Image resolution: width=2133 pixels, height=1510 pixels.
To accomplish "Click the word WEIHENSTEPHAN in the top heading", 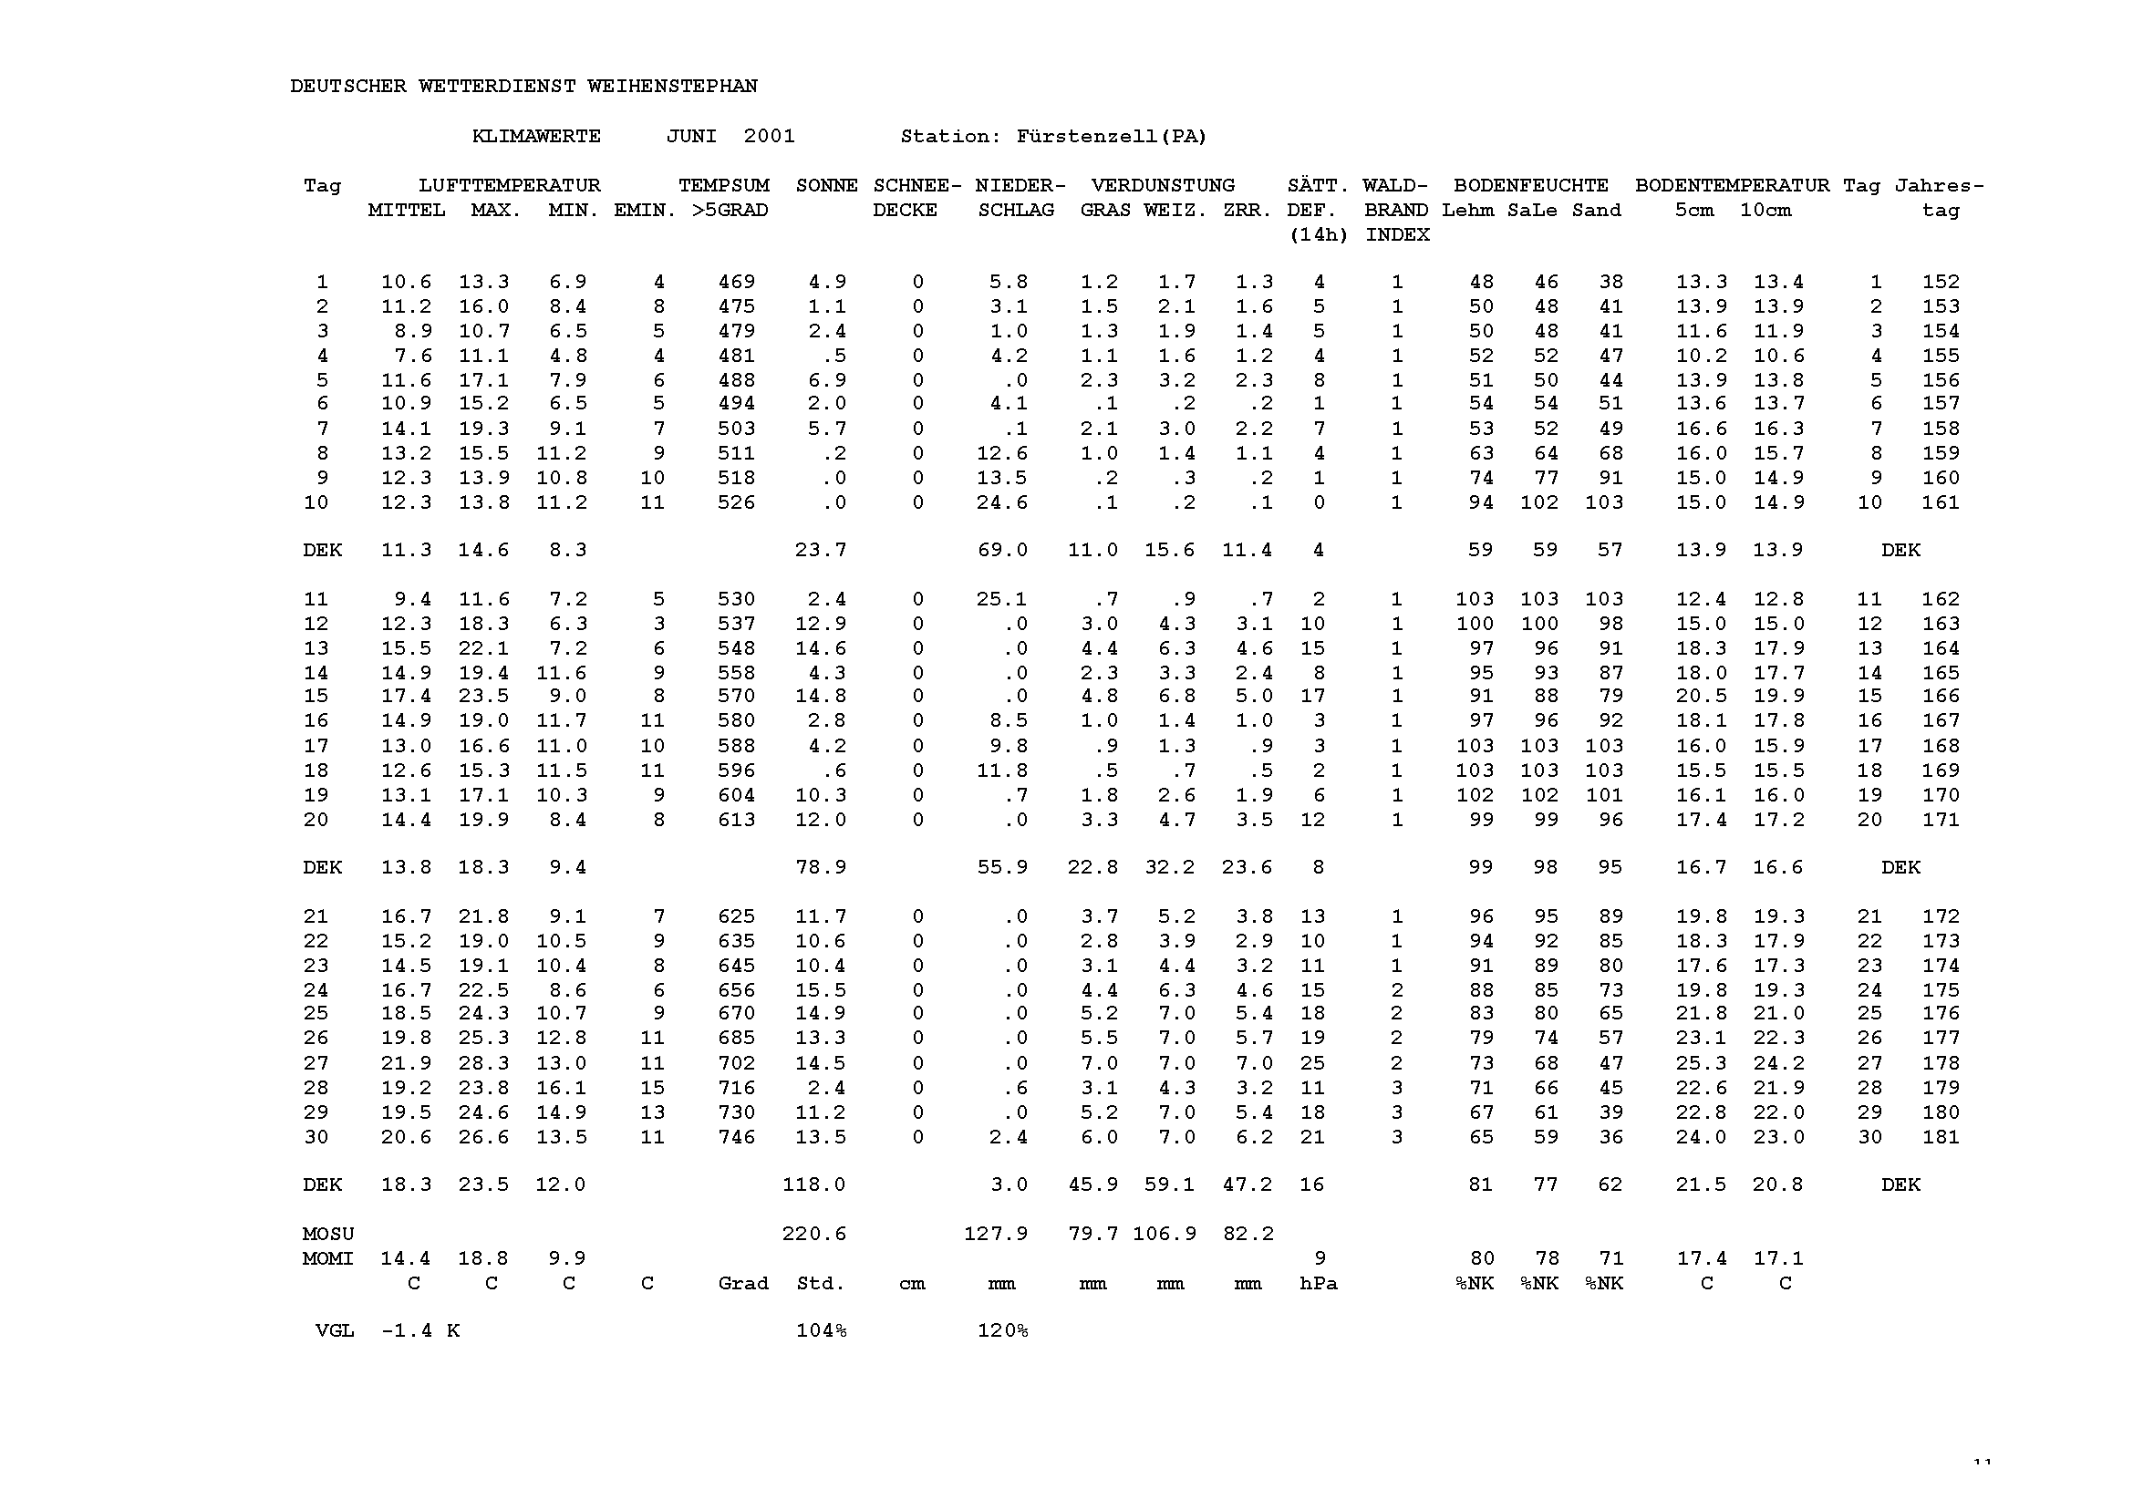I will (x=671, y=87).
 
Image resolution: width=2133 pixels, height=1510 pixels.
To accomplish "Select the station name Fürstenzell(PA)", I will (x=1111, y=137).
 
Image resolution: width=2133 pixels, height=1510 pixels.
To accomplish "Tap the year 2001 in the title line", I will (x=769, y=137).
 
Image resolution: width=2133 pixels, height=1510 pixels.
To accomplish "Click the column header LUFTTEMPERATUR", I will (x=509, y=186).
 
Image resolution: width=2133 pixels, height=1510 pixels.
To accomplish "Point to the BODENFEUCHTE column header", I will (x=1530, y=186).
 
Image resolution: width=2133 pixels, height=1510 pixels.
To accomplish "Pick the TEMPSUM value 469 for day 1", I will (x=736, y=282).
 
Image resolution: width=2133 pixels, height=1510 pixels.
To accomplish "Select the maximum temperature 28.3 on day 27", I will (x=483, y=1064).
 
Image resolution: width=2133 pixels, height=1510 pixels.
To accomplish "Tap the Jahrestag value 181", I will (x=1941, y=1137).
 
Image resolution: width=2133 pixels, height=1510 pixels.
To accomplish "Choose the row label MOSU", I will (x=328, y=1235).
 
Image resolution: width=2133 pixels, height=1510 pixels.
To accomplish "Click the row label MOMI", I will (x=328, y=1259).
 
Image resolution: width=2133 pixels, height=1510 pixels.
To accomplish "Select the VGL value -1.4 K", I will (x=420, y=1331).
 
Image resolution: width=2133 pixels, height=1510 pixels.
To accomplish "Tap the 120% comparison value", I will (x=1001, y=1331).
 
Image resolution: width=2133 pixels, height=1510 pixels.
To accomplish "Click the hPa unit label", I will (x=1318, y=1284).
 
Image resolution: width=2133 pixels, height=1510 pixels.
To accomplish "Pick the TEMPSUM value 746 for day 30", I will (x=736, y=1137).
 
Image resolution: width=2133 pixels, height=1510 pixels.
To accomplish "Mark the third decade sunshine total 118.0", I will (x=813, y=1185).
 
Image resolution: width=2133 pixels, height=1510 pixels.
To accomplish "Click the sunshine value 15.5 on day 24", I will (x=820, y=991).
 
